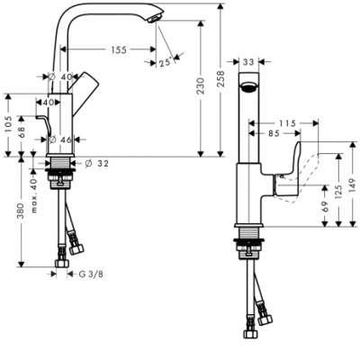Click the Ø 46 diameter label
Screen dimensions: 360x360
click(61, 139)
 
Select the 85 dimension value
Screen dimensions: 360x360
click(282, 135)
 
